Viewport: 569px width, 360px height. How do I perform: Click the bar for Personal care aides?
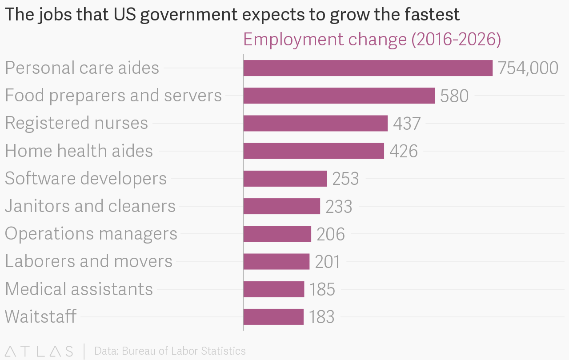tap(368, 68)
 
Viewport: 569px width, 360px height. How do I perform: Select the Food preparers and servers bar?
tap(339, 96)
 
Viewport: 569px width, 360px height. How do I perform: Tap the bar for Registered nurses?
tap(315, 123)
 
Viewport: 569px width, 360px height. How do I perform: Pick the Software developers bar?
tap(285, 178)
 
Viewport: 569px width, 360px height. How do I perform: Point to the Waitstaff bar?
tap(273, 317)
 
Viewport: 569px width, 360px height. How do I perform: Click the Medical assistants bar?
tap(274, 289)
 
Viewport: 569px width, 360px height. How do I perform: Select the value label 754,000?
tap(528, 68)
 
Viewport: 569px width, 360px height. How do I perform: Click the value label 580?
tap(454, 96)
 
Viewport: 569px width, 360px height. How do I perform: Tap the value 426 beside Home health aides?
tap(404, 151)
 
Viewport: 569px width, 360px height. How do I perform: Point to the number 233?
tap(339, 207)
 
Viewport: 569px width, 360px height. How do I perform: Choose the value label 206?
tap(331, 234)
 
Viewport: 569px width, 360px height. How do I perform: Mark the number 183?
tap(321, 317)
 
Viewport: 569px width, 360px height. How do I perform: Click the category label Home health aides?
tap(79, 151)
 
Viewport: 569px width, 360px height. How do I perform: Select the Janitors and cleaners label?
tap(90, 206)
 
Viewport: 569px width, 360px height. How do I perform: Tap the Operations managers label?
tap(91, 234)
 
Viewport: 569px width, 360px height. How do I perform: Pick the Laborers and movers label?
tap(88, 261)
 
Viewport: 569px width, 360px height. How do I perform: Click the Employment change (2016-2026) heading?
tap(372, 40)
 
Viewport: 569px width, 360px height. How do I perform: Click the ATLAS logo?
tap(39, 351)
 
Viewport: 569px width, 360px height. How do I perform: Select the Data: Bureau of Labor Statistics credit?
tap(170, 351)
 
